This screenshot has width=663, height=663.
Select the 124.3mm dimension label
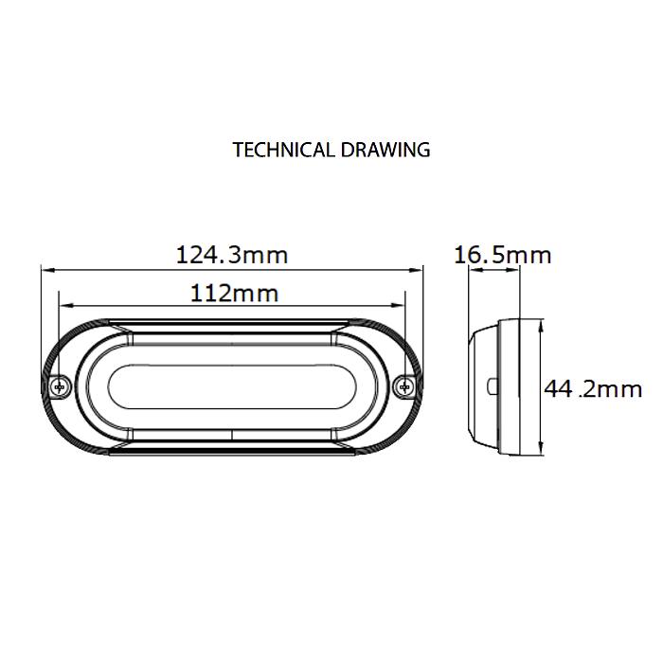(232, 255)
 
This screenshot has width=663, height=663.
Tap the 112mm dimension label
(234, 293)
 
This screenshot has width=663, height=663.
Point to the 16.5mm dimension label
(502, 255)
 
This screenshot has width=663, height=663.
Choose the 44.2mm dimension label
(593, 388)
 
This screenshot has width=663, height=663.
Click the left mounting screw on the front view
(61, 385)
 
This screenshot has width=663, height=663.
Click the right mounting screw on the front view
(406, 385)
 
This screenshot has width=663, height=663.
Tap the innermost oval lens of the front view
(233, 386)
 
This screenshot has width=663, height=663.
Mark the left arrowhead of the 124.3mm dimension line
(45, 268)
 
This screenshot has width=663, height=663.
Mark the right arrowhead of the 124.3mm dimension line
(420, 268)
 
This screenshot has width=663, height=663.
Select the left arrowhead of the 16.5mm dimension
(473, 270)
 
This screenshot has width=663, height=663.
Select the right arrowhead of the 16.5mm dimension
(516, 270)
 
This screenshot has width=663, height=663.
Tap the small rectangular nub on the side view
(492, 386)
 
